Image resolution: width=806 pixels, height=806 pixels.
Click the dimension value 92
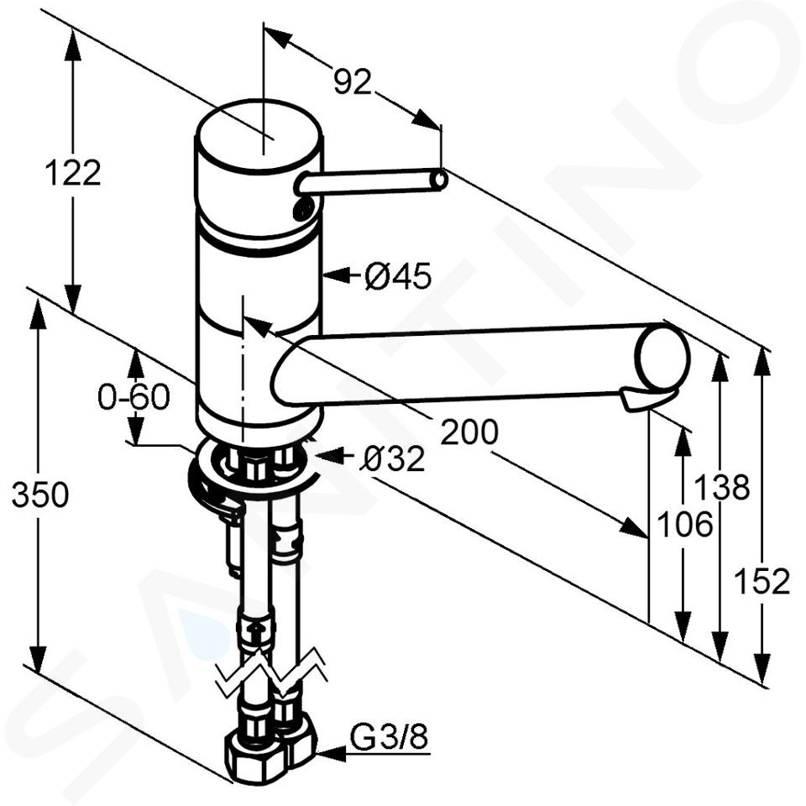[352, 81]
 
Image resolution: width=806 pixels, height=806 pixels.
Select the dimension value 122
[72, 173]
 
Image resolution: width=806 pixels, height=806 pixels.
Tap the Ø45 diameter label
[397, 276]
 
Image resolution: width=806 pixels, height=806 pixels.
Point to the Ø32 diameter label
[392, 458]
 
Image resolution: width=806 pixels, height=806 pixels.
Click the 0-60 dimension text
[133, 397]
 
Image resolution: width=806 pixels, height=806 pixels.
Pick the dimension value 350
[40, 495]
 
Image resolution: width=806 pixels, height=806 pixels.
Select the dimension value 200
[469, 432]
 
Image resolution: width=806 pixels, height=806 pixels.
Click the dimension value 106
[685, 524]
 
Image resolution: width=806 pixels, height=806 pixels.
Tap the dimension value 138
[722, 487]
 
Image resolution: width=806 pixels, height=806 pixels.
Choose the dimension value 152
[762, 581]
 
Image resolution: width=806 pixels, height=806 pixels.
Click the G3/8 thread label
[389, 738]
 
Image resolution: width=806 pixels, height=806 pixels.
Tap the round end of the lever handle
[439, 180]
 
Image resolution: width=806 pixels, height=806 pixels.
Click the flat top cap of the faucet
[259, 137]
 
